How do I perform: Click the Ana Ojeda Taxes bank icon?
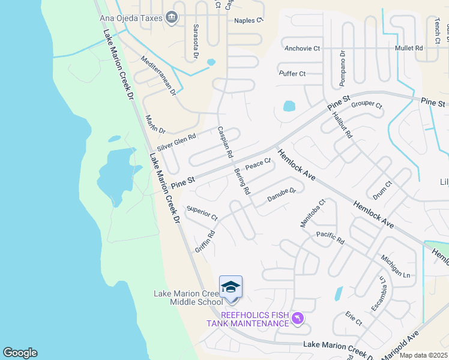(x=172, y=18)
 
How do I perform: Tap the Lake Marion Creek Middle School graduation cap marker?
(x=231, y=288)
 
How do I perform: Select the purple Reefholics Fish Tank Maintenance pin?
(x=298, y=318)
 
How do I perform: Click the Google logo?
(x=20, y=353)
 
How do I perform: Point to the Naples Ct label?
(x=249, y=20)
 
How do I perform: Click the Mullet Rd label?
(x=408, y=47)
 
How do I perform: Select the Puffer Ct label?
(x=292, y=73)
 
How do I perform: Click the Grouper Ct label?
(x=367, y=104)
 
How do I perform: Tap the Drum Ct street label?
(x=382, y=190)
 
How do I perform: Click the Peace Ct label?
(x=259, y=163)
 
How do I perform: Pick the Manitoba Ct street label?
(x=312, y=213)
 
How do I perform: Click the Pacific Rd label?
(x=330, y=238)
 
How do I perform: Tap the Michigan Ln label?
(x=395, y=266)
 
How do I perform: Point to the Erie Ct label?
(x=354, y=319)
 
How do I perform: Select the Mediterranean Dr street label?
(x=157, y=76)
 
